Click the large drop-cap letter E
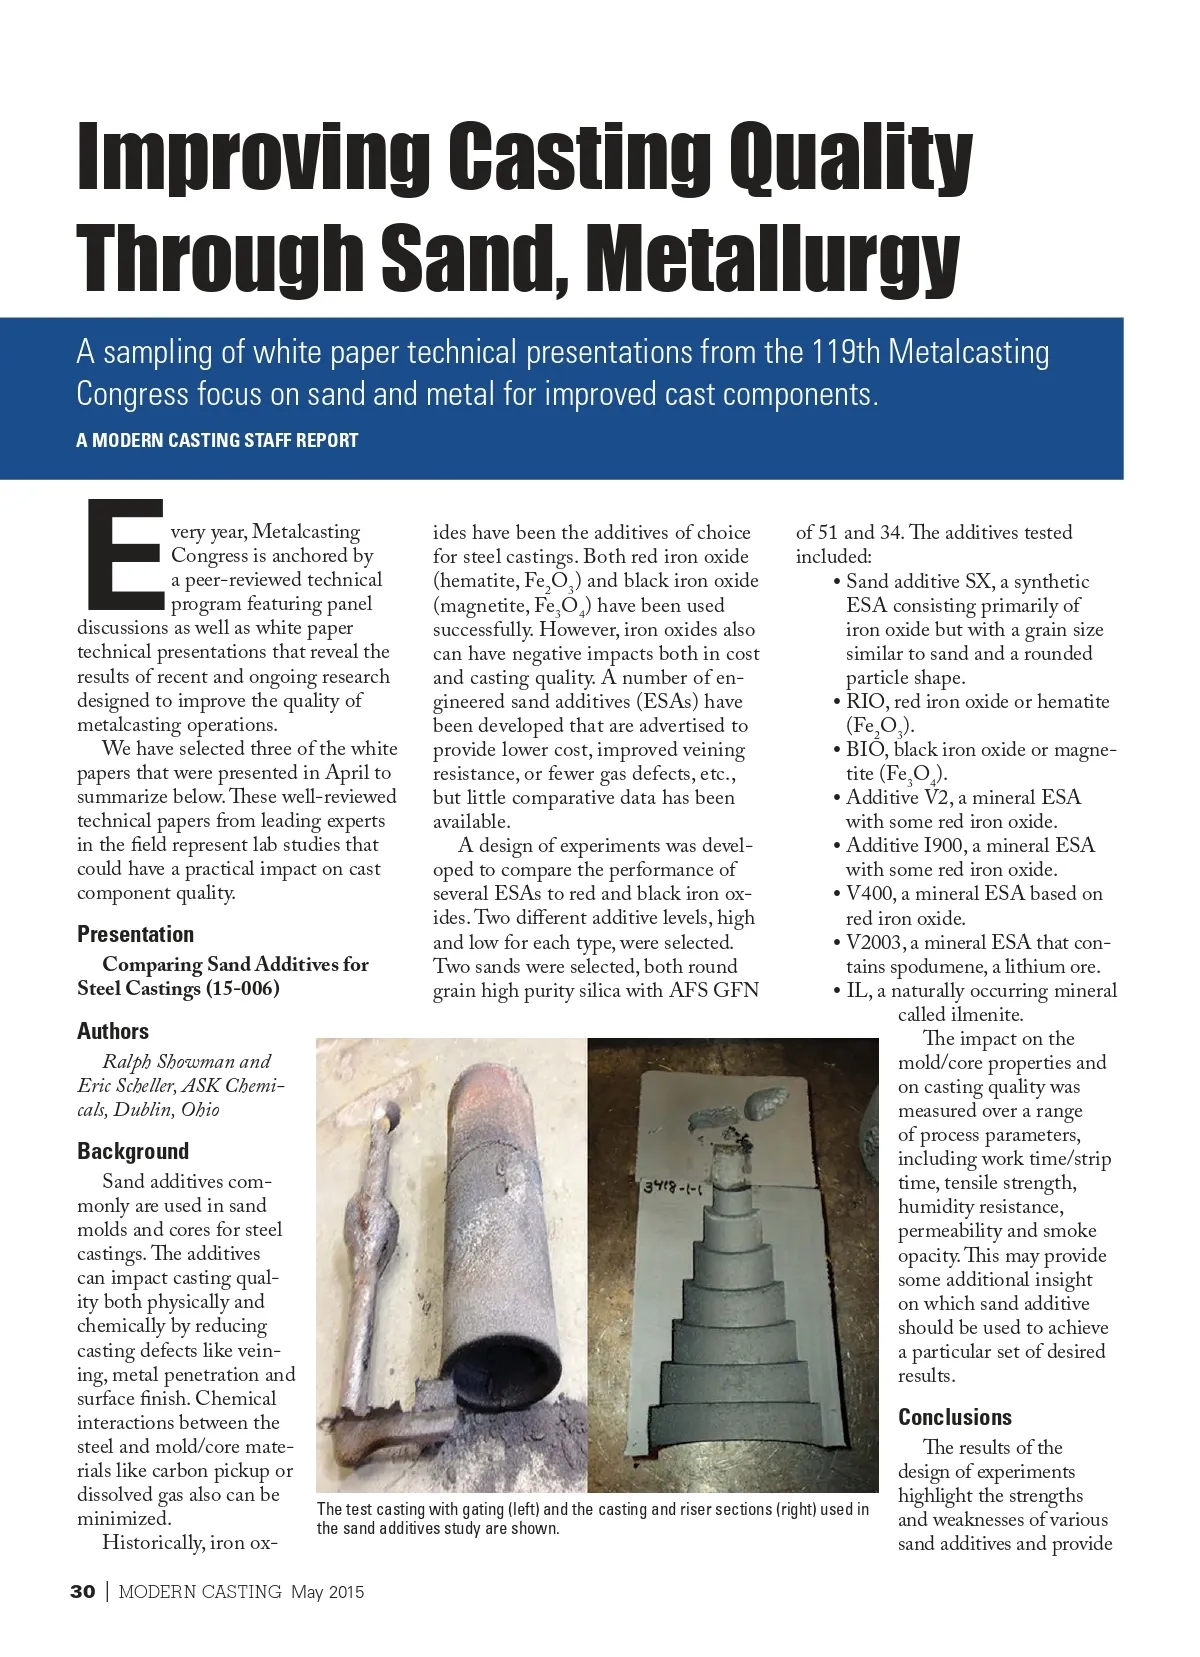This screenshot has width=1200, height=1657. click(125, 555)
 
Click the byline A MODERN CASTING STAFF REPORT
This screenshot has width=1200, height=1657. click(217, 440)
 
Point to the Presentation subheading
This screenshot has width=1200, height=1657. click(136, 934)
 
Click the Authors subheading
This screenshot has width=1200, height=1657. click(113, 1031)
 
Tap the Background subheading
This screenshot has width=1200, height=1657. click(133, 1151)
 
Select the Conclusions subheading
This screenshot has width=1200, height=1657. click(955, 1417)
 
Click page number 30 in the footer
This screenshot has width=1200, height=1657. click(83, 1592)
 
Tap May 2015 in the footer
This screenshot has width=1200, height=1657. click(328, 1592)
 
